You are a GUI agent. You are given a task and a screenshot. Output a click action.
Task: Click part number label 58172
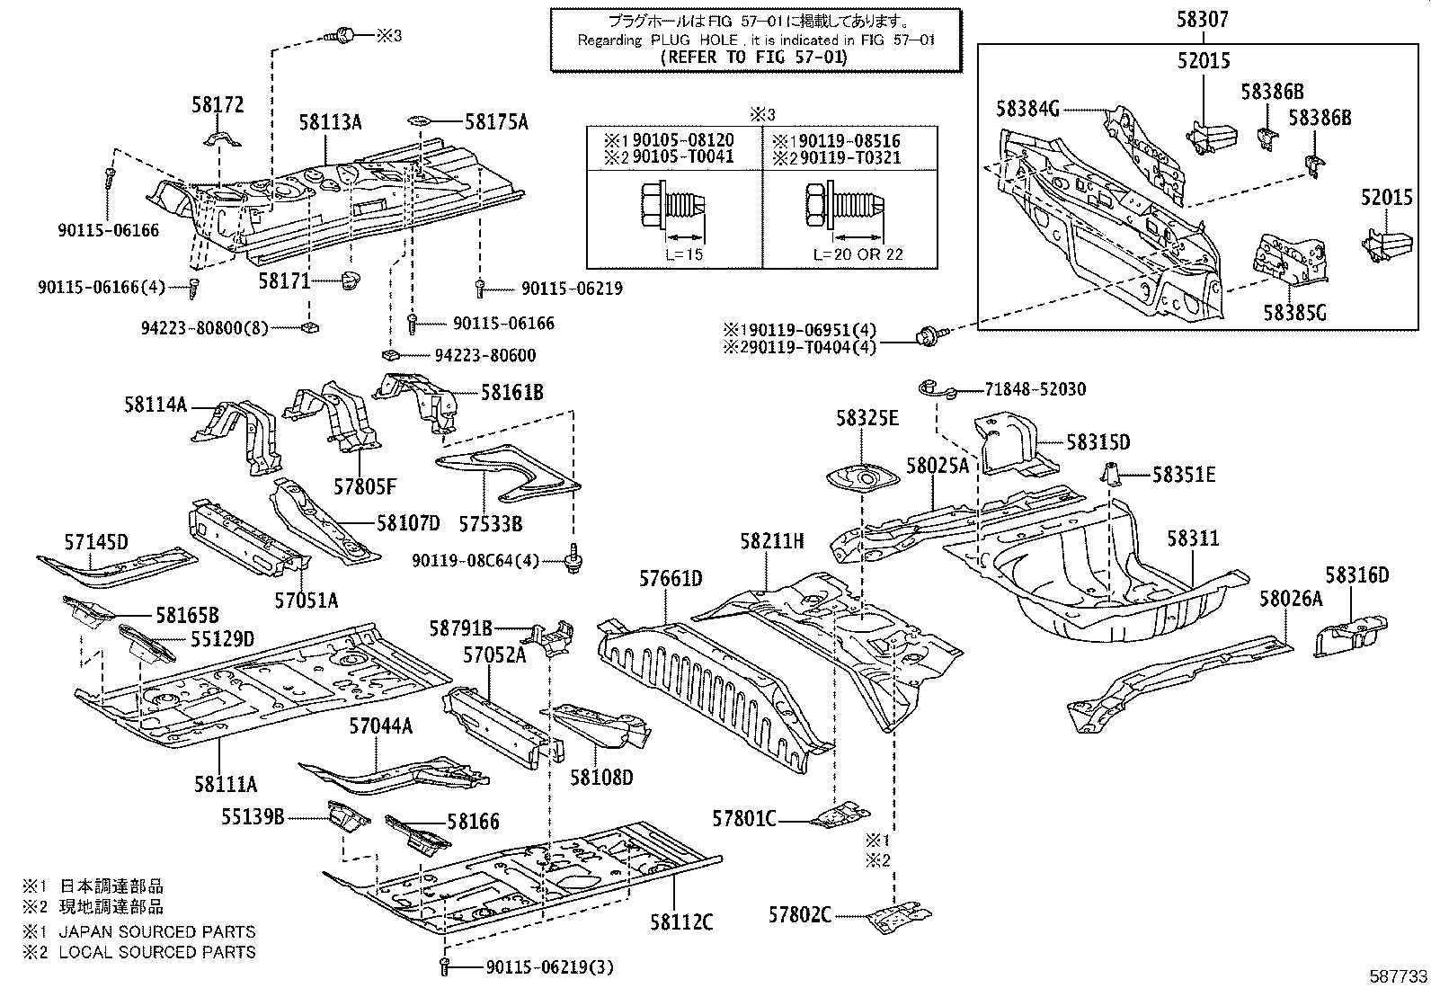click(217, 105)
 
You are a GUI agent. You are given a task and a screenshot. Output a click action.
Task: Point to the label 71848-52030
click(1022, 389)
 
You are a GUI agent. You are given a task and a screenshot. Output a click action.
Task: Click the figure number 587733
click(1400, 976)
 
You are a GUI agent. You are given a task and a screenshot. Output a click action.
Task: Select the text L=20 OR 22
click(858, 254)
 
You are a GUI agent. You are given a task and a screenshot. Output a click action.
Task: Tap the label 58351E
click(1184, 474)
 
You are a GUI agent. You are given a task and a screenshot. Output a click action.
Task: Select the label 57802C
click(798, 915)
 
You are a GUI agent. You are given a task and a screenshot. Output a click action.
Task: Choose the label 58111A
click(225, 784)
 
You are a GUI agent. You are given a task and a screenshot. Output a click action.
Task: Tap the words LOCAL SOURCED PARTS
click(157, 952)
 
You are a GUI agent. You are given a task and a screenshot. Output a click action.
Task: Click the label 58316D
click(1356, 575)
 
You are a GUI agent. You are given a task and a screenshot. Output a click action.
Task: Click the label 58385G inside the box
click(1294, 312)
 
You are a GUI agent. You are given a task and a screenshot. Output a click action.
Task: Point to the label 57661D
click(671, 578)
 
